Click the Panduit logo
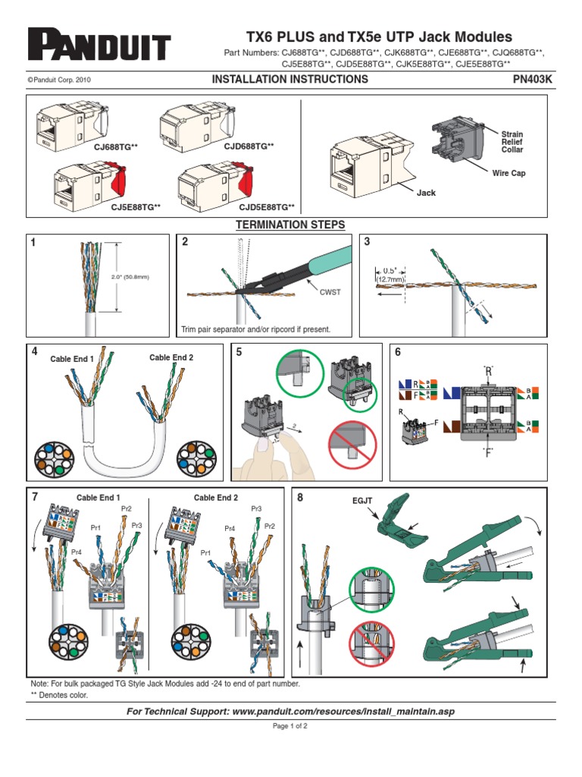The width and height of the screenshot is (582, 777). [x=99, y=46]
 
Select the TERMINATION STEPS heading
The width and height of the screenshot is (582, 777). [x=290, y=225]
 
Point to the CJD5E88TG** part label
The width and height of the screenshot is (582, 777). [x=267, y=206]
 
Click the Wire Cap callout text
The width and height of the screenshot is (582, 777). [x=508, y=174]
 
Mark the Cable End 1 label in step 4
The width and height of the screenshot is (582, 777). [x=72, y=359]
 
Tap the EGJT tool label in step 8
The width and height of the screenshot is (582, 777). [x=363, y=502]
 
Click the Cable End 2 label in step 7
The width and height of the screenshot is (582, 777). [x=216, y=498]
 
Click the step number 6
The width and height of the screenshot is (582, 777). [x=399, y=351]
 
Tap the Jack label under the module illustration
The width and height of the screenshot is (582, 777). [x=427, y=193]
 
